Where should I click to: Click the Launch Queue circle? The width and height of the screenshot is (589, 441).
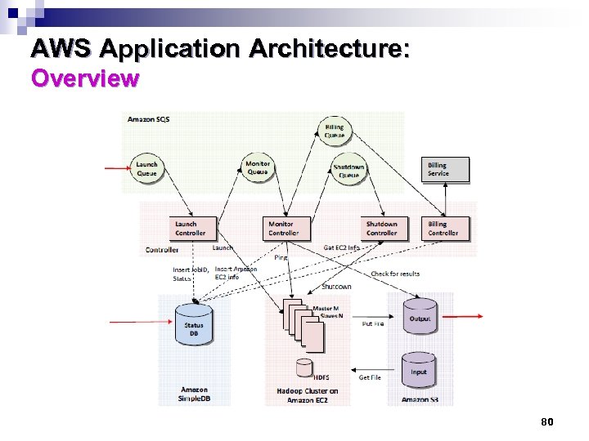coord(147,169)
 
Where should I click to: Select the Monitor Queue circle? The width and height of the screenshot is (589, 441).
coord(258,167)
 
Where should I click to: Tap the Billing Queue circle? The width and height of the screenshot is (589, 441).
coord(335,131)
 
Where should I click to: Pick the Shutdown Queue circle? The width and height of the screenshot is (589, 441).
coord(349,171)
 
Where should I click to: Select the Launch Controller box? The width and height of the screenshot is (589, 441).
coord(194,228)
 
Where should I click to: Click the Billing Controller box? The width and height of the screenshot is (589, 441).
coord(447,228)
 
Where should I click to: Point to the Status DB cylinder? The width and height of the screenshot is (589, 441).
coord(194,327)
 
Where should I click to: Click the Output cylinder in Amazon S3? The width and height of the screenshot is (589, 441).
coord(420,318)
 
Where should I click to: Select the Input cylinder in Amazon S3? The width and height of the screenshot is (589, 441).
coord(419,372)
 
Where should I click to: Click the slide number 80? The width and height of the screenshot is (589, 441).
coord(547,421)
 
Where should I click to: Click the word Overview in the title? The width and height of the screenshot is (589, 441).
coord(85,79)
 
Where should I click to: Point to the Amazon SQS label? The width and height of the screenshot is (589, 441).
coord(148,119)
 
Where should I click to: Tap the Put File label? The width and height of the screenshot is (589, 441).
coord(373,323)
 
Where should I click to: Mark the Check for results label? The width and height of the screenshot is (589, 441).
coord(395,274)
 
